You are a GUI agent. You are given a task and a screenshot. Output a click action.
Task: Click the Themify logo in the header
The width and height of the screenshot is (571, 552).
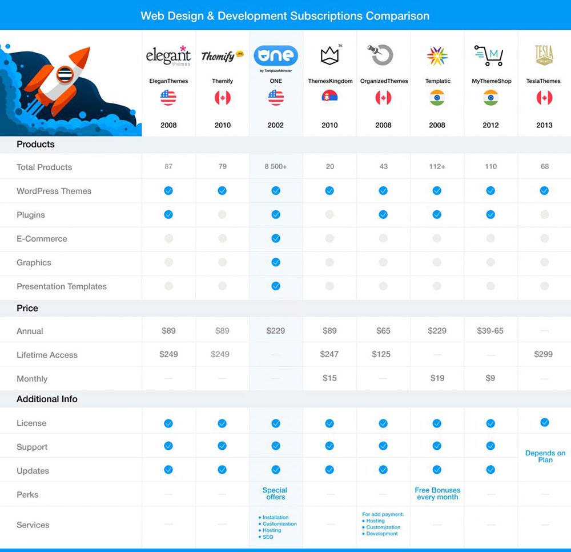[x=222, y=56]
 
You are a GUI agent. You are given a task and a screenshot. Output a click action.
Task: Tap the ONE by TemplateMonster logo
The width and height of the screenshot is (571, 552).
[x=276, y=56]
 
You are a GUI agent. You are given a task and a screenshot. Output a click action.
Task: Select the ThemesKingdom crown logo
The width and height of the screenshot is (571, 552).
[x=330, y=55]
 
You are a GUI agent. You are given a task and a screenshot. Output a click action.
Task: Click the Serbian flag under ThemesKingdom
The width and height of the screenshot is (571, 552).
[x=329, y=98]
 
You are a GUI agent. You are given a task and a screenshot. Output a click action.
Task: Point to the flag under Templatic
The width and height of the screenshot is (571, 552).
[x=437, y=98]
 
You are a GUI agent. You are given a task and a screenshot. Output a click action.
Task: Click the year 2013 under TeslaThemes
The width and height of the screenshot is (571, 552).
[x=544, y=125]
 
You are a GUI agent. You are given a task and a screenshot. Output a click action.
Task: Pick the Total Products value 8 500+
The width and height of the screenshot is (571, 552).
[x=276, y=167]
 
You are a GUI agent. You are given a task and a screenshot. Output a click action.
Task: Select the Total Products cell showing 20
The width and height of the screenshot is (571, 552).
[x=329, y=167]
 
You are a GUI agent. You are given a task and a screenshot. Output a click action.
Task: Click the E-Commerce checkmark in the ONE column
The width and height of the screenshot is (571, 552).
[x=276, y=239]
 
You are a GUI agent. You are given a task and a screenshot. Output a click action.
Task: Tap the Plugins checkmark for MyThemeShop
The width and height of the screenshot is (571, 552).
[x=490, y=215]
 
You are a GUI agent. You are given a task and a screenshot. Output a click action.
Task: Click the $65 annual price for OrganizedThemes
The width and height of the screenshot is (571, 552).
[x=383, y=331]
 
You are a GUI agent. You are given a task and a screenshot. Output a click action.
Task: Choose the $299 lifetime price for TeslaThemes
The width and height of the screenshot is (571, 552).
[x=544, y=354]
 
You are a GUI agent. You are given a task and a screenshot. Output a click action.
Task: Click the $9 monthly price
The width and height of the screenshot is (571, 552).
[x=490, y=378]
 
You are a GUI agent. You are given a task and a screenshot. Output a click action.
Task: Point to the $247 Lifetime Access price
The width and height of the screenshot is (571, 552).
[x=329, y=354]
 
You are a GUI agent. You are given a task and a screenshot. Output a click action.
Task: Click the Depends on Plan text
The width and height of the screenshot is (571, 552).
[x=545, y=457]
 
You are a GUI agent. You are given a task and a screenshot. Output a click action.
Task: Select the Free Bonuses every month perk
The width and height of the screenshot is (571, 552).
[x=437, y=494]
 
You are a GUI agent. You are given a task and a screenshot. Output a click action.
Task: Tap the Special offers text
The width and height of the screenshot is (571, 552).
[x=275, y=494]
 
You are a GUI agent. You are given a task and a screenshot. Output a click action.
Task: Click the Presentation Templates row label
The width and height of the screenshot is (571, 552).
[x=62, y=286]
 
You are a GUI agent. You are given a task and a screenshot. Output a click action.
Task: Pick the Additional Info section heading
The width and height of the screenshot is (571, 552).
[x=47, y=399]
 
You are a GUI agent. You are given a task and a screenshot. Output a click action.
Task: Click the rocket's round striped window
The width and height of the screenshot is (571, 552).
[x=65, y=75]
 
